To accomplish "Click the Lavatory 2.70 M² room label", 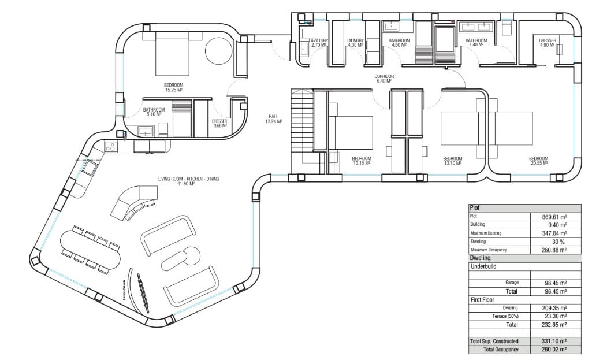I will [x=319, y=43].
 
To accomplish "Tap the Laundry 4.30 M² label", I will [x=355, y=43].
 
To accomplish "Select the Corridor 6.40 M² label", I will [x=383, y=79].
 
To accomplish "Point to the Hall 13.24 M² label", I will [x=273, y=119].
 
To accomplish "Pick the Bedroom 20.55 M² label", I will [x=538, y=161].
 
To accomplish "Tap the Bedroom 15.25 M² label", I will [x=173, y=87].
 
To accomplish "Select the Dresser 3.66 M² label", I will [x=219, y=123].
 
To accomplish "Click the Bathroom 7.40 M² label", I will [x=476, y=43].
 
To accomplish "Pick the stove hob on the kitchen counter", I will [x=110, y=147].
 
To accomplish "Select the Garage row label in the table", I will [x=511, y=283].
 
